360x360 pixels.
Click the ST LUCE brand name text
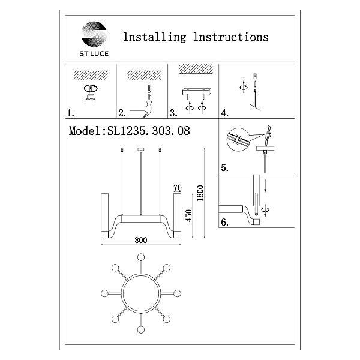[94, 54]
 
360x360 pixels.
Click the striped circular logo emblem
[94, 34]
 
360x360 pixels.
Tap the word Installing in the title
[155, 37]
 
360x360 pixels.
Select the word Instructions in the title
[231, 37]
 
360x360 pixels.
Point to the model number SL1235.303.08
[149, 131]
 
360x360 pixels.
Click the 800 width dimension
[141, 240]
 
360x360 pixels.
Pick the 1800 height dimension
[200, 193]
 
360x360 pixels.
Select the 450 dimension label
[189, 215]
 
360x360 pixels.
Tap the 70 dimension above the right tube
[178, 188]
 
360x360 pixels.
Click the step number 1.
[70, 113]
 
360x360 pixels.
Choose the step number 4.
[224, 113]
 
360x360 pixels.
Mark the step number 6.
[224, 222]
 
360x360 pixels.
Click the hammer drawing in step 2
[147, 109]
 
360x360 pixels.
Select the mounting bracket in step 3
[197, 91]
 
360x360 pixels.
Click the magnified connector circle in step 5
[238, 139]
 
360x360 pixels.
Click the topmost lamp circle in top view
[141, 257]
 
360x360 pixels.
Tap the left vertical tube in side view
[104, 215]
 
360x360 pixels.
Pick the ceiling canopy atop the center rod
[141, 149]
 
